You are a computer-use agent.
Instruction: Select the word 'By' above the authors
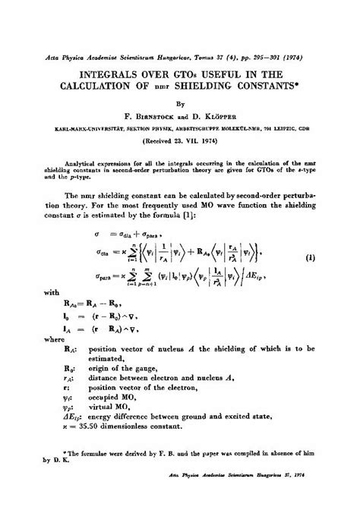click(179, 105)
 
